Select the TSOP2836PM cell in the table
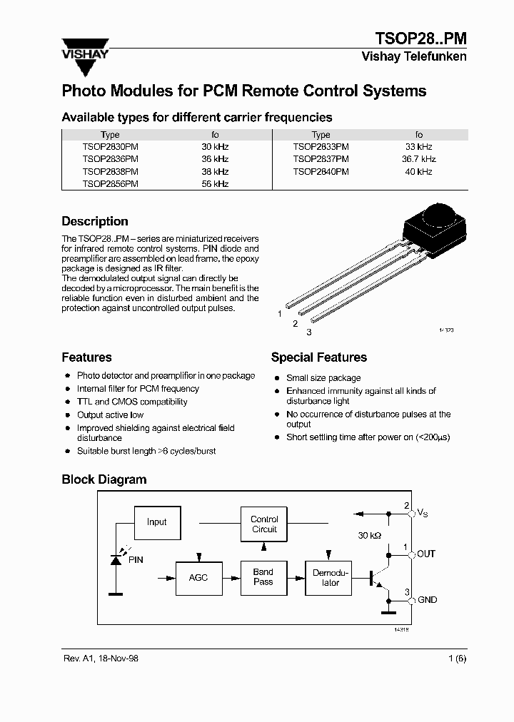[110, 159]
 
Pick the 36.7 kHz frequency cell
[418, 159]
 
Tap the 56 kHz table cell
[215, 183]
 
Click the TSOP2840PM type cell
[321, 171]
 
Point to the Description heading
[95, 221]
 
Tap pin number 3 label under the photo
[309, 332]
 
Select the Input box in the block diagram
[157, 522]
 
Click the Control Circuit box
[264, 524]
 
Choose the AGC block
[198, 577]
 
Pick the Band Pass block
[263, 577]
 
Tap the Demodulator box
[331, 578]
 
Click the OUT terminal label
[426, 554]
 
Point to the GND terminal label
[427, 600]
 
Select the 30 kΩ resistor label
[371, 535]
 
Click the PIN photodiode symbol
[115, 558]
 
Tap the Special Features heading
[318, 357]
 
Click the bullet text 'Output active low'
[110, 415]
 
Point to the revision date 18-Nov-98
[114, 658]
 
